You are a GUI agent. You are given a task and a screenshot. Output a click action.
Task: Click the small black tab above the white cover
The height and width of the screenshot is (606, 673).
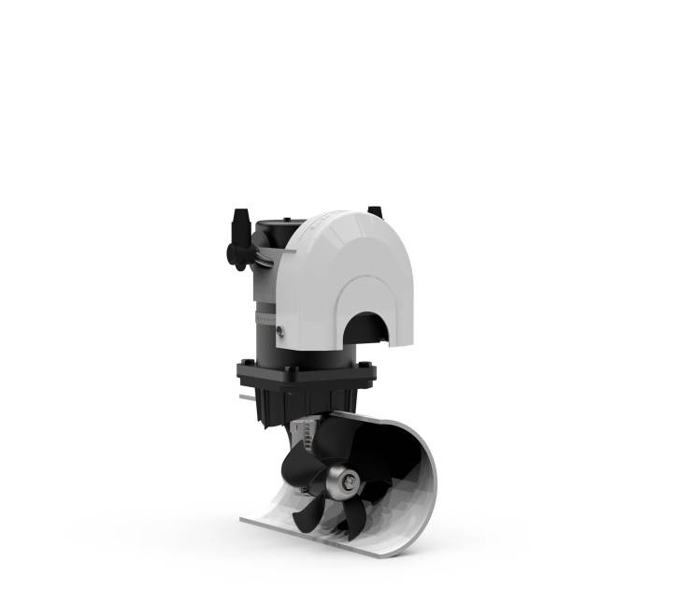click(375, 211)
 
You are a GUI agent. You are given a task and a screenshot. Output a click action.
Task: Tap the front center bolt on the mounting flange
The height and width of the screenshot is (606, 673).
click(292, 374)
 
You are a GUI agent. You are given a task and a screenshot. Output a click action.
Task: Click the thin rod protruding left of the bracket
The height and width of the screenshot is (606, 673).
click(246, 397)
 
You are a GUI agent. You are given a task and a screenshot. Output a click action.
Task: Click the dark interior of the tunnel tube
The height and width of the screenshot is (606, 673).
click(393, 458)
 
